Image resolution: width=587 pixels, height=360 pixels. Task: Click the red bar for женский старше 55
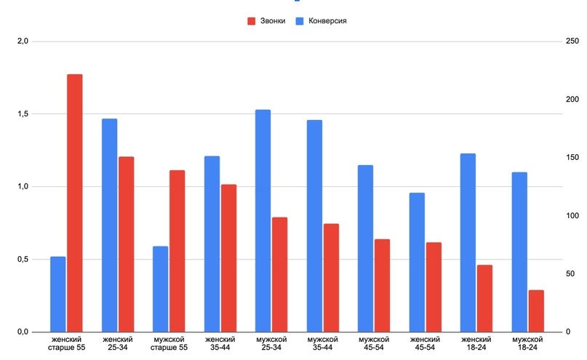point(75,203)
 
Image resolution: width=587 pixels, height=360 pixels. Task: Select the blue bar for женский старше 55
point(58,294)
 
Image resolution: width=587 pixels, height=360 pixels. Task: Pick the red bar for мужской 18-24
point(536,311)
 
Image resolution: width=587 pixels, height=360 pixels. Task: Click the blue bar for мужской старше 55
point(161,289)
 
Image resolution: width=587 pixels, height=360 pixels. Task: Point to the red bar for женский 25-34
point(127,244)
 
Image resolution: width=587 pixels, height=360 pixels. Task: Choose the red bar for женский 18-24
point(484,298)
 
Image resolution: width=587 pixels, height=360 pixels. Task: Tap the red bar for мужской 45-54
point(383,285)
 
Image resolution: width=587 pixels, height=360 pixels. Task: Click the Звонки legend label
point(273,21)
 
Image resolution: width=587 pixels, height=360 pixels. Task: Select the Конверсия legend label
point(327,21)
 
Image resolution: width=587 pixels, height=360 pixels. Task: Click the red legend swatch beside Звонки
point(252,21)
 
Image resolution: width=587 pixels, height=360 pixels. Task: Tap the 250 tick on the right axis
point(572,41)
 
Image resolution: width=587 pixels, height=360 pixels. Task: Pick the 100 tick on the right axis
point(572,216)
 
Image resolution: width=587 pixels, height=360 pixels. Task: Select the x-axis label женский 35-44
point(220,343)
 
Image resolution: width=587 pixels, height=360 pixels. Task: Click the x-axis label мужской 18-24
point(528,343)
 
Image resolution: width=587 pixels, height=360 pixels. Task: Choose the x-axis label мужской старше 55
point(169,343)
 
